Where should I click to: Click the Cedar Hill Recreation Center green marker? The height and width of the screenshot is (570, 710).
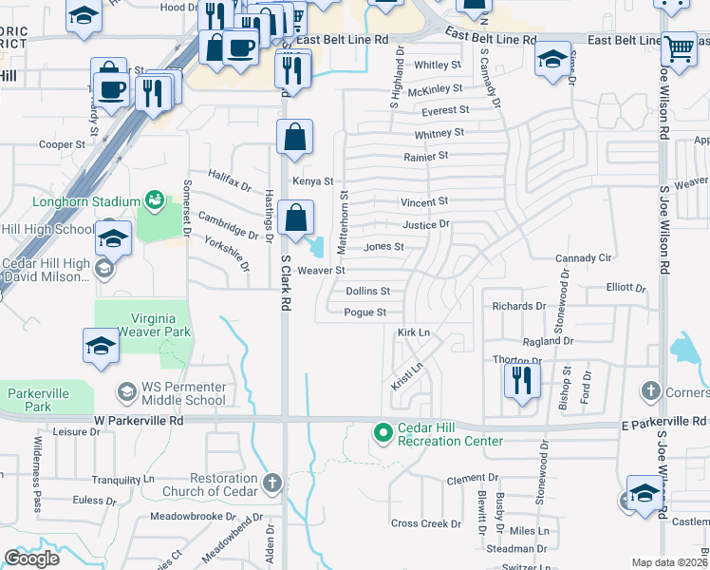(383, 433)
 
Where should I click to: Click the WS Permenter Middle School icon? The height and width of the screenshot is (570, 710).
(125, 391)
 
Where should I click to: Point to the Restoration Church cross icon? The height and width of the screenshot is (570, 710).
(272, 484)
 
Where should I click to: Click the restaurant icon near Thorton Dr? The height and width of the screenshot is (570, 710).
(522, 381)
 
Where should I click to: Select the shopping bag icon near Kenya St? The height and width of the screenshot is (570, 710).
(295, 137)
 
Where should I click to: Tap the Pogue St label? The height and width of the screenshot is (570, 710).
(365, 313)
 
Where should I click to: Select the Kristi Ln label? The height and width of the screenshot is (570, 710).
(407, 374)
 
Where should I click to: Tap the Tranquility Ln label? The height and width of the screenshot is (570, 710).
(121, 480)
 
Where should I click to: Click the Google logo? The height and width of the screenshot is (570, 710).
(31, 559)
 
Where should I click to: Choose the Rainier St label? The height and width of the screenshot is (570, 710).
(424, 156)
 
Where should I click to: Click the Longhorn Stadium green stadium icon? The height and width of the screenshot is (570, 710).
(153, 199)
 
